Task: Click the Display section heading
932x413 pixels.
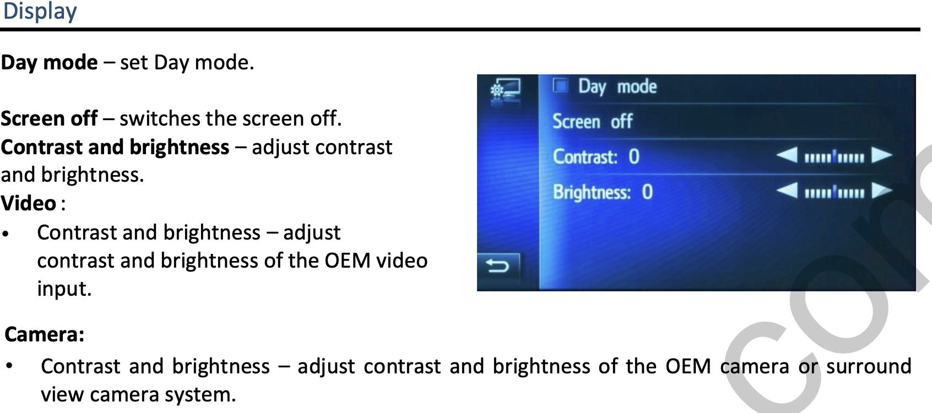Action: click(x=40, y=11)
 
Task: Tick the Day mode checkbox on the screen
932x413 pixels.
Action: click(x=560, y=86)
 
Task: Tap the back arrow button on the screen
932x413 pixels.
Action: click(x=498, y=265)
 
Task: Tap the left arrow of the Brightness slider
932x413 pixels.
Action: click(x=787, y=191)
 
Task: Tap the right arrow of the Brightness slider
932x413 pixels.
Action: click(x=882, y=191)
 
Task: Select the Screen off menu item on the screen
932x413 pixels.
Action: click(x=592, y=122)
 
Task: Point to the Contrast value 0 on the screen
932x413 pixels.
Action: click(x=633, y=157)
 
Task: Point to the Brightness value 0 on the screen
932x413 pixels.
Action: click(x=647, y=192)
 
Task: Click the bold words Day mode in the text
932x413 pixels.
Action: click(x=50, y=63)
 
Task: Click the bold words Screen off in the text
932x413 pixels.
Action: click(x=49, y=118)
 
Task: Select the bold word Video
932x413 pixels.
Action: click(x=28, y=203)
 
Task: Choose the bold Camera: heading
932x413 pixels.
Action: click(x=45, y=334)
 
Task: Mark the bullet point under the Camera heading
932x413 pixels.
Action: click(x=9, y=366)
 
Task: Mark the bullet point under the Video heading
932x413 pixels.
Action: click(x=5, y=233)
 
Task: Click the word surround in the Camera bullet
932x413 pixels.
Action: click(x=869, y=366)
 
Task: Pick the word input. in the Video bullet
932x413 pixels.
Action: click(x=64, y=289)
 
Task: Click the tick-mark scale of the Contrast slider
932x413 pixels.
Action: click(x=834, y=157)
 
